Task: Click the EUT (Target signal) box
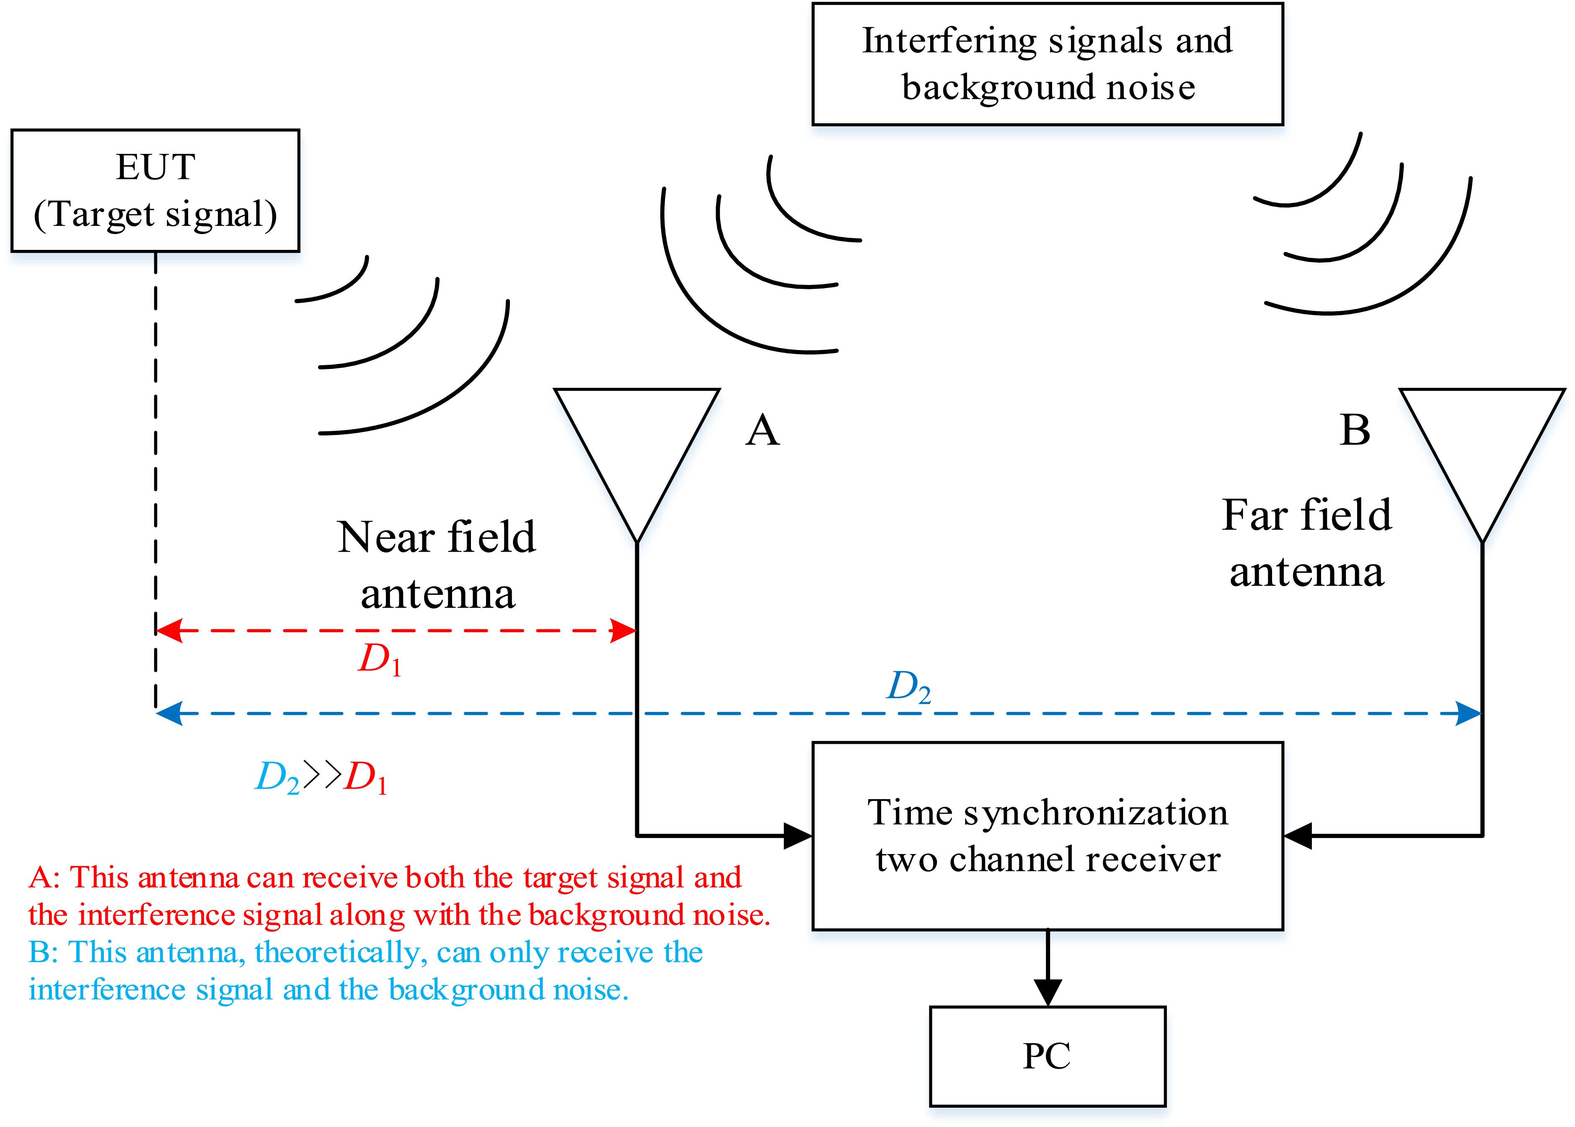155,190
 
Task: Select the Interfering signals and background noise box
1047,64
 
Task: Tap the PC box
1047,1056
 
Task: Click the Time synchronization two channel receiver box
1047,836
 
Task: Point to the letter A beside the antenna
762,430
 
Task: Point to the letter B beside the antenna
1355,430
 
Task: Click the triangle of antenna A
636,444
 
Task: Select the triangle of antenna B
1482,444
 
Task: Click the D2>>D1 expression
321,778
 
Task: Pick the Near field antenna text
437,565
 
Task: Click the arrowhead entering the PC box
1047,991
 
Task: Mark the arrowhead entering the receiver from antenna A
798,836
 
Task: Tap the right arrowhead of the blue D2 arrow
1467,714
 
